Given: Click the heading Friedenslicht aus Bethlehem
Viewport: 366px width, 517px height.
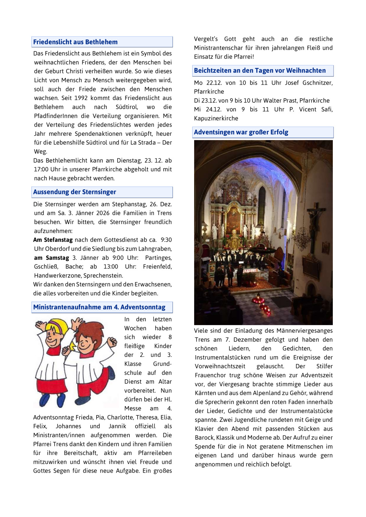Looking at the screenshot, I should pos(75,42).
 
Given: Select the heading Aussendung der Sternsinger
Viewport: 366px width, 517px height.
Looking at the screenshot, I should pos(75,192).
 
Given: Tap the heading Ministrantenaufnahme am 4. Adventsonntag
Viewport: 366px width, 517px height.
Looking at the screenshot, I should pos(99,307).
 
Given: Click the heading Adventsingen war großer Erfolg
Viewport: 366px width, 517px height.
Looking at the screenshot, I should pos(241,132).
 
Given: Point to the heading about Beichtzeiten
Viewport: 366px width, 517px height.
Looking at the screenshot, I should pos(260,70).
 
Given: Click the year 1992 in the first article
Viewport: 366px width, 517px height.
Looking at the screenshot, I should pos(81,98).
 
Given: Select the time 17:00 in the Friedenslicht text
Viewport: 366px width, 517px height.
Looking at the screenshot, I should pos(42,169).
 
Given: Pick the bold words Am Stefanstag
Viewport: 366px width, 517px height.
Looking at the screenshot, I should pos(53,240).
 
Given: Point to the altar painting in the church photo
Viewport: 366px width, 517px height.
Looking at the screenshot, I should pos(233,220).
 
